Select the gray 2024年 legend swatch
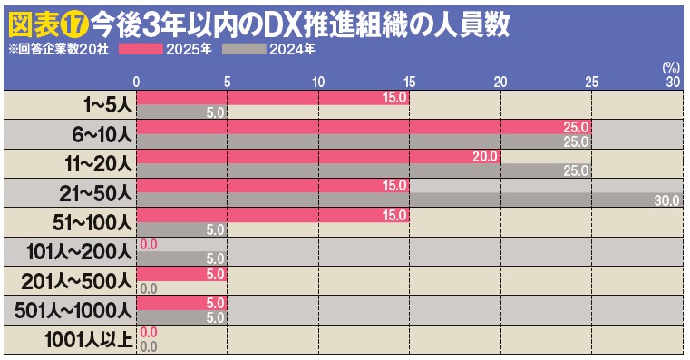[x=245, y=50]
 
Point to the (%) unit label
[x=671, y=67]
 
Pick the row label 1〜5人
[x=106, y=105]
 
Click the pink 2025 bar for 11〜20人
[x=317, y=156]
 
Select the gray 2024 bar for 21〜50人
[x=408, y=200]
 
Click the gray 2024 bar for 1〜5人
[x=181, y=112]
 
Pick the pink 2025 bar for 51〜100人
[x=272, y=215]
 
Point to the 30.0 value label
[x=666, y=200]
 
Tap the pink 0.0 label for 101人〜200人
[x=150, y=244]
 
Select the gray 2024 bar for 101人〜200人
[x=181, y=258]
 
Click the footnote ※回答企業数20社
[x=58, y=50]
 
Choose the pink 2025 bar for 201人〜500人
[x=181, y=273]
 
